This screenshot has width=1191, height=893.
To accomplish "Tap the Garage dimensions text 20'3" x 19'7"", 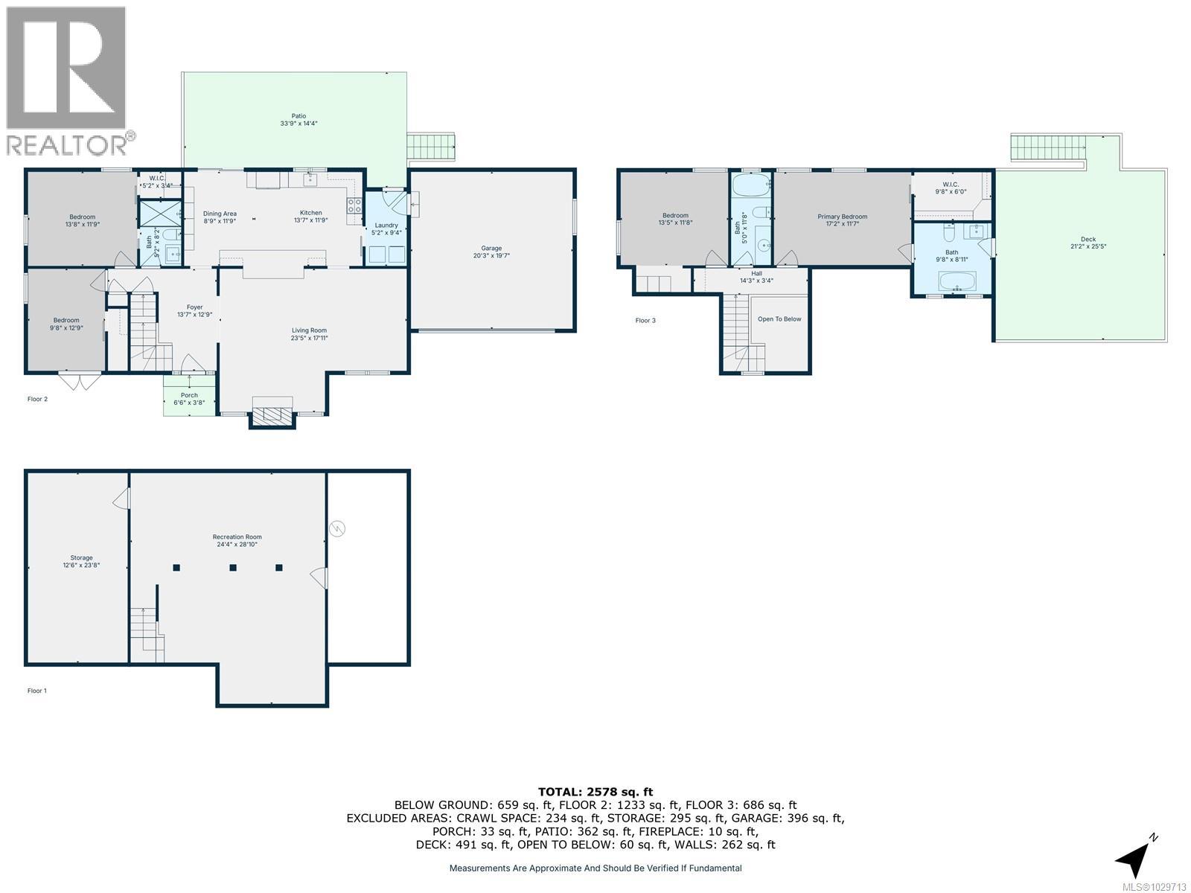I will point(491,255).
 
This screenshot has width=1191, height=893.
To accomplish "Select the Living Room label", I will point(309,330).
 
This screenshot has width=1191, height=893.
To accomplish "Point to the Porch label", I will point(189,395).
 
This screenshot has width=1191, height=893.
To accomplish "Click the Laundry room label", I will point(386,225).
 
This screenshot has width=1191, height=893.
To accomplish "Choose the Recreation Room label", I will point(237,537).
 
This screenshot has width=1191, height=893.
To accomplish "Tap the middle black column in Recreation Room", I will point(233,568).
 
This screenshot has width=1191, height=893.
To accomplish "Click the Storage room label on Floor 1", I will point(82,557).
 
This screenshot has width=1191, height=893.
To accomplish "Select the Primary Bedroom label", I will point(843,217).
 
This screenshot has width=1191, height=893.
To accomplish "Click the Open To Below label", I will point(779,319).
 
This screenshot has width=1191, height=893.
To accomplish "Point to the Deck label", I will point(1083,239).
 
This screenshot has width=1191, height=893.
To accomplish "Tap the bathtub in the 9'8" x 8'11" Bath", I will point(952,282).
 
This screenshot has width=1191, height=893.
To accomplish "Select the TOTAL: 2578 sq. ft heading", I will point(595,792).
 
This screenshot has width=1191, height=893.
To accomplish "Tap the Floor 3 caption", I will point(645,321).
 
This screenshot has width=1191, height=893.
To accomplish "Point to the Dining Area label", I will point(220,214).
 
